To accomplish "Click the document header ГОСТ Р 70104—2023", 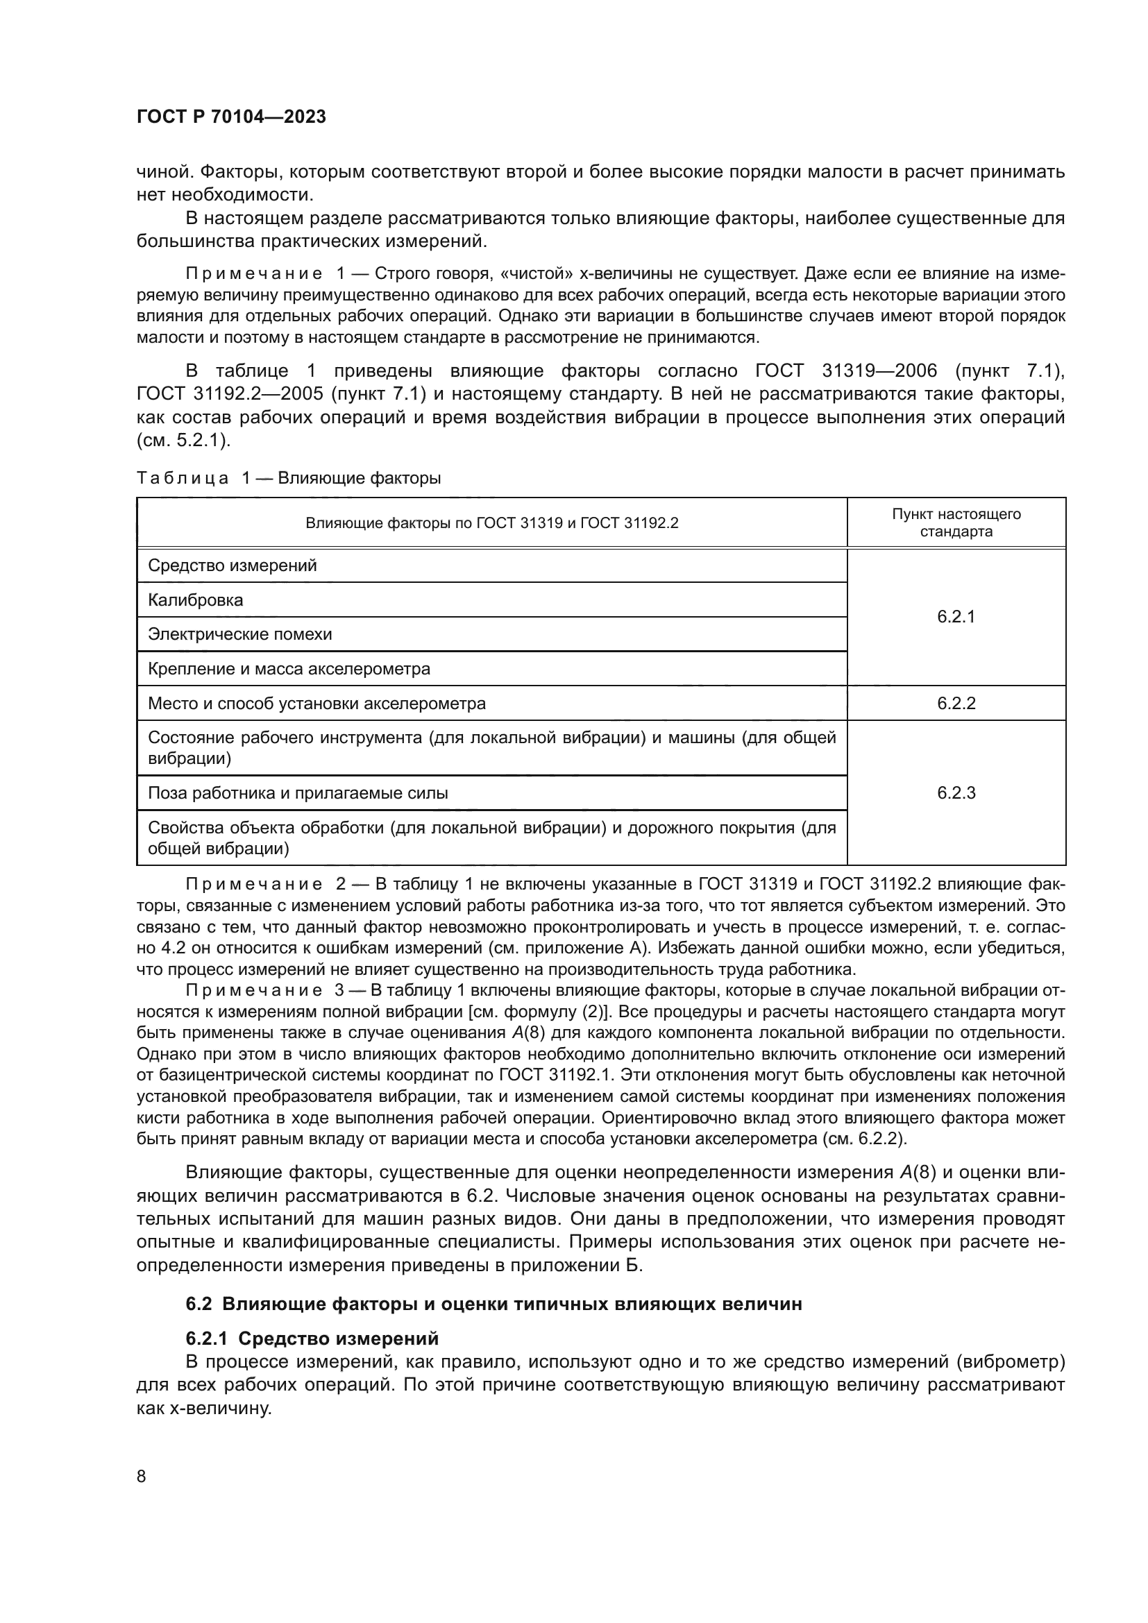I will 231,117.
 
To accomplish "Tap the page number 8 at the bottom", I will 142,1477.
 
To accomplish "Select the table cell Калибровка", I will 196,600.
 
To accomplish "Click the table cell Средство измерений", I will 233,566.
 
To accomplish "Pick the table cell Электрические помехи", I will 239,634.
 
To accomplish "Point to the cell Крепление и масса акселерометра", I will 289,669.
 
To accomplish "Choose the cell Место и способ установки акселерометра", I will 316,704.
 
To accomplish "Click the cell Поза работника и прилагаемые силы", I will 298,793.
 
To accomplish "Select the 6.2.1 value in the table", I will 956,616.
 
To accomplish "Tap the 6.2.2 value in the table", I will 956,704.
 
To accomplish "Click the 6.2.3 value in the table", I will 956,793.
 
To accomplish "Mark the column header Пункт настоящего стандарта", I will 956,523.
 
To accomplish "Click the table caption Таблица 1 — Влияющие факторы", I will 289,479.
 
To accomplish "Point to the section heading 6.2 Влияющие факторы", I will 493,1305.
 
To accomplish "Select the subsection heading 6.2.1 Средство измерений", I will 312,1339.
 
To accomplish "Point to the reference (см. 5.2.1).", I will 184,441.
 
